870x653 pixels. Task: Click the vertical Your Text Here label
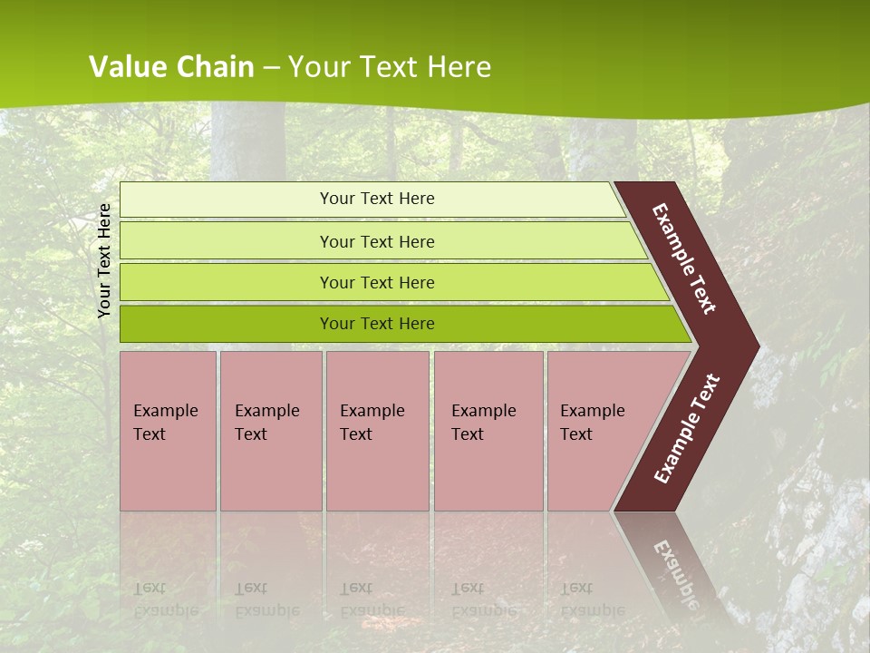point(105,260)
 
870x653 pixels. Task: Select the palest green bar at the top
point(376,199)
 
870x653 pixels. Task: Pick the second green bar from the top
point(376,241)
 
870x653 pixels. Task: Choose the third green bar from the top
point(376,282)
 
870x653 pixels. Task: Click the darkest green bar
point(376,324)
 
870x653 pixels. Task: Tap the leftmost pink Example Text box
point(168,431)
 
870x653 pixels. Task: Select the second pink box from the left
point(270,431)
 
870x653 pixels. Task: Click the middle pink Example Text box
point(377,431)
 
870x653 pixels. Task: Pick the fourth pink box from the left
point(488,431)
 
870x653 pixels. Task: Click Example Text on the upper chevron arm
point(684,258)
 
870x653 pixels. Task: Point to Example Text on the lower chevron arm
point(687,428)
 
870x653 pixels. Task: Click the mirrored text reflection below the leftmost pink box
point(165,599)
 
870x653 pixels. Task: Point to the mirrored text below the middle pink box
point(372,599)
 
